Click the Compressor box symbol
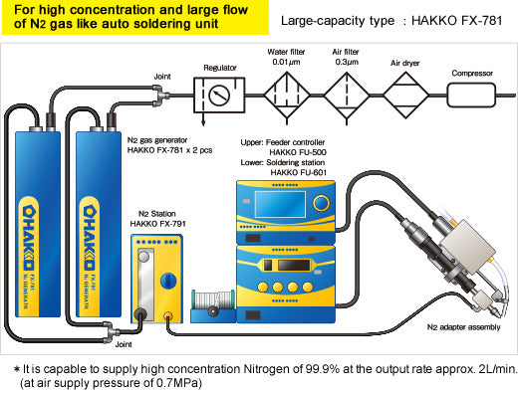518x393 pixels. coord(471,96)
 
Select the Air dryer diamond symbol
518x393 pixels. coord(405,96)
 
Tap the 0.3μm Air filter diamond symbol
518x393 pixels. coord(347,96)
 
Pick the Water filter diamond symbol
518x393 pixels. coord(287,96)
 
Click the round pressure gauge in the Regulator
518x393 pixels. coord(219,96)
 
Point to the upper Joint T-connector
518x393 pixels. coord(160,96)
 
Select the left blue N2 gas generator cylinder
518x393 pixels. coord(38,224)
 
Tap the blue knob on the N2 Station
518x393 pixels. coord(168,281)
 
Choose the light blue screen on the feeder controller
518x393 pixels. coord(280,204)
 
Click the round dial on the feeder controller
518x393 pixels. coord(321,203)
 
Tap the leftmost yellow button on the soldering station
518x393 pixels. coord(263,287)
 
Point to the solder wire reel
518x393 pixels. coord(213,300)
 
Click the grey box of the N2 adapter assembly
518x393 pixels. coord(467,246)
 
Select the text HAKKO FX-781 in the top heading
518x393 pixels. coord(456,21)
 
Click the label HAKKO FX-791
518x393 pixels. coord(157,224)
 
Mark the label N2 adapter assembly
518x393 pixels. coord(463,327)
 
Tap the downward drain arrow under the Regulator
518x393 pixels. coord(203,119)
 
